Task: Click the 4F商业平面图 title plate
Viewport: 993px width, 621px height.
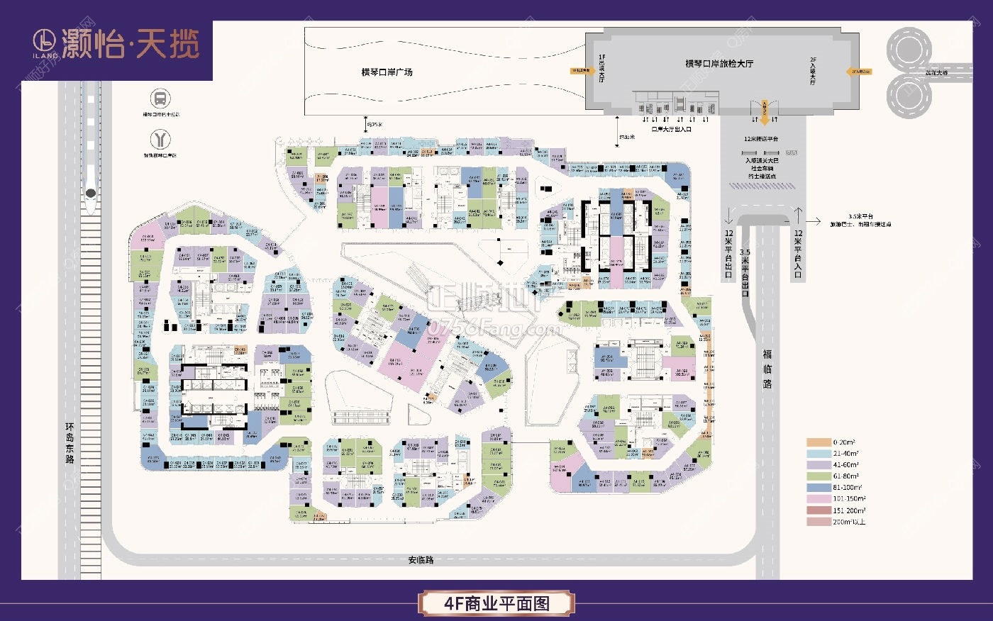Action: (x=496, y=603)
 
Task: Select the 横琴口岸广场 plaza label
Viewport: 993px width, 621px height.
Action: (x=387, y=72)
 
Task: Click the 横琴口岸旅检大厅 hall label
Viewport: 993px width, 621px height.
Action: (x=719, y=64)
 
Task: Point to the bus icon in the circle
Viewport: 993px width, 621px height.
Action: (x=160, y=99)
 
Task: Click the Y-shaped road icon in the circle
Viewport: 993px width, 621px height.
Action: (x=160, y=139)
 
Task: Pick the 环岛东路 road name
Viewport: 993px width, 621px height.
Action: (x=70, y=443)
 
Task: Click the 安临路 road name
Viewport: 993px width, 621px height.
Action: (x=421, y=560)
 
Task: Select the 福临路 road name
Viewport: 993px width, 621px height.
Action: (x=767, y=369)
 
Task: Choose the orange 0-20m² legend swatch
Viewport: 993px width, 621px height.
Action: (x=818, y=442)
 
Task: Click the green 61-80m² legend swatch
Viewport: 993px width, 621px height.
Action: (x=818, y=476)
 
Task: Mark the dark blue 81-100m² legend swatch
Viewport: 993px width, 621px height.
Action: (x=818, y=488)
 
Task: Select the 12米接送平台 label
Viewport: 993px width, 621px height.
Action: (x=760, y=139)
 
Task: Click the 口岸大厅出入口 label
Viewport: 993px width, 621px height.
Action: (x=671, y=130)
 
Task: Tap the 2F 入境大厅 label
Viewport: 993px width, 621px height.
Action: (x=813, y=71)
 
